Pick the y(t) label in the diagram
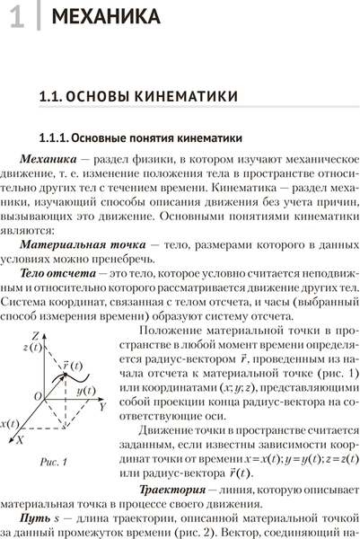coord(86,391)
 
